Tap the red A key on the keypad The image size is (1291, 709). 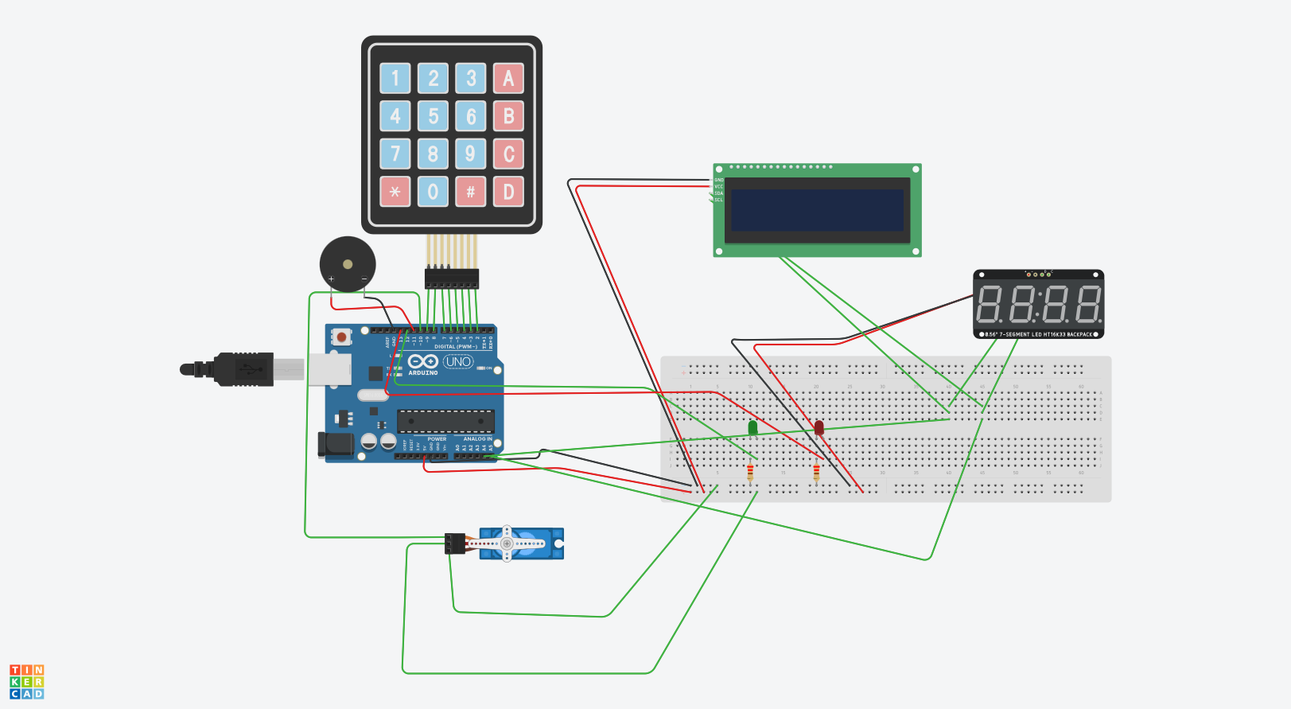tap(508, 78)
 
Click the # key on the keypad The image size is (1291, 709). tap(471, 192)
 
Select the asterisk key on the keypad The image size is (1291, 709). tap(395, 192)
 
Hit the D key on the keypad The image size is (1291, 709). tap(508, 192)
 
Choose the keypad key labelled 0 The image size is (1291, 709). tap(433, 192)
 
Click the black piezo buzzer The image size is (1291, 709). tap(348, 263)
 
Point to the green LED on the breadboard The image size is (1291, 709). tap(752, 428)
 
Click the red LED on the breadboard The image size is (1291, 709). tap(819, 428)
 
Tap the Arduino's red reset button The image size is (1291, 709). tap(341, 337)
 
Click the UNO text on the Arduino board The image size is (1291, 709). tap(458, 362)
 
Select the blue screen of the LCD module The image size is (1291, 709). tap(818, 210)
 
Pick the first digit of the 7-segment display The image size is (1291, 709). tap(989, 304)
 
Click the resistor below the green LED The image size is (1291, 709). tap(750, 473)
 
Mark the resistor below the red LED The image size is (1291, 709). tap(816, 473)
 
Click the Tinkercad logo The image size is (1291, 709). tap(27, 682)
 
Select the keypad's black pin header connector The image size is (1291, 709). tap(451, 279)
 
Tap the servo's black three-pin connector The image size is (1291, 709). tap(455, 543)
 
